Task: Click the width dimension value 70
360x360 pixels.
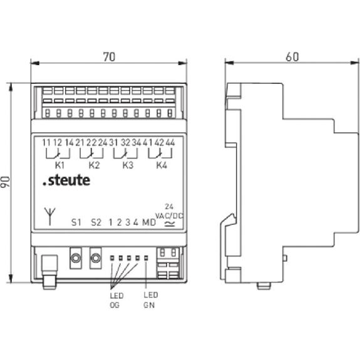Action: (109, 57)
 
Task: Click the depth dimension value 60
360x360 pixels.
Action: (292, 57)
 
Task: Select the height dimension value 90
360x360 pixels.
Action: (5, 182)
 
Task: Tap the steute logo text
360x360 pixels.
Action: (66, 180)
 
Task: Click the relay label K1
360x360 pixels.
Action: (59, 165)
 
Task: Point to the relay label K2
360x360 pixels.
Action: (94, 165)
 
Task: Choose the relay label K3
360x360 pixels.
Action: (128, 165)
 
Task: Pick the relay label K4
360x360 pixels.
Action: (162, 165)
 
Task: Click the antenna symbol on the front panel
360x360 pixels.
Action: (50, 217)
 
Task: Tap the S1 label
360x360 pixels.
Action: (76, 222)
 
